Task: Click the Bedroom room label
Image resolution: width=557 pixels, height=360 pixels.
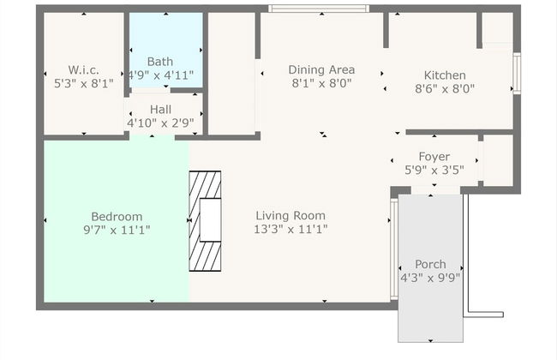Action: [117, 216]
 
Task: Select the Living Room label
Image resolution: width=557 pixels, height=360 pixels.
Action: [291, 216]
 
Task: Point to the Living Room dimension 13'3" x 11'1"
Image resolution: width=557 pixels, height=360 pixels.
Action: [291, 229]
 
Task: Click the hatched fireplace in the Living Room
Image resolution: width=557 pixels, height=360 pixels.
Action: [205, 220]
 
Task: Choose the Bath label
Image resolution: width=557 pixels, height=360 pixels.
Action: [159, 62]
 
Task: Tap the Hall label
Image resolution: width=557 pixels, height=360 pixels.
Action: [160, 110]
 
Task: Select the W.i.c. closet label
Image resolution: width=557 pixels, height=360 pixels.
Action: [83, 70]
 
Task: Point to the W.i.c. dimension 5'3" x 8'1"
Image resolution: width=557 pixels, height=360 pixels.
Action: [83, 84]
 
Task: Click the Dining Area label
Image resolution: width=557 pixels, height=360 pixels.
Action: [321, 70]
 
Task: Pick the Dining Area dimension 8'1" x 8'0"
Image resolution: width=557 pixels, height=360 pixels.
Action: [321, 84]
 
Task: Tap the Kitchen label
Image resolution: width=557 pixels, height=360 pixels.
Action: [445, 75]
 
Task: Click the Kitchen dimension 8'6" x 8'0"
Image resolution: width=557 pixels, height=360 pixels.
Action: [445, 88]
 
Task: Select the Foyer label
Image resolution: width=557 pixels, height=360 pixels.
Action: [434, 156]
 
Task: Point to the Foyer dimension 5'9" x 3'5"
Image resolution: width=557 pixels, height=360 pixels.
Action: [434, 170]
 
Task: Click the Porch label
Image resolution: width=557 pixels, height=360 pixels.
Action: [430, 264]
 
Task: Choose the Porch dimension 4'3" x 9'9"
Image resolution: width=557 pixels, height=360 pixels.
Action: [430, 278]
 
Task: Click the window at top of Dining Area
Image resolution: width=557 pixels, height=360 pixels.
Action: [319, 9]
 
